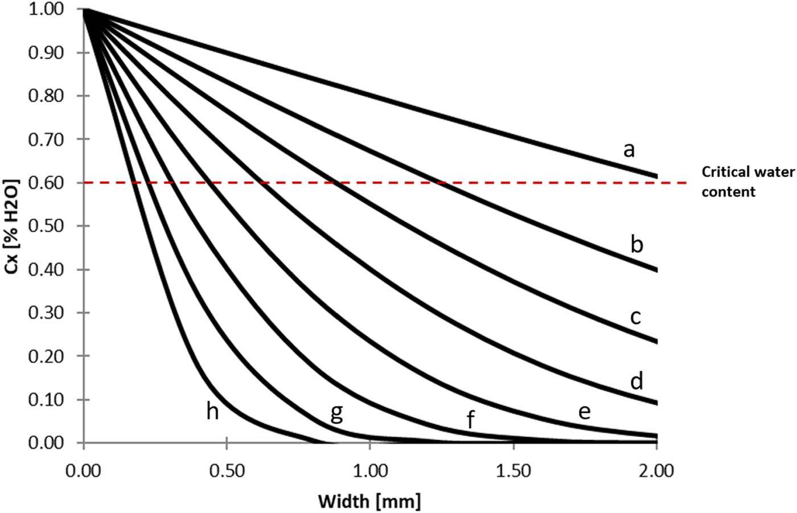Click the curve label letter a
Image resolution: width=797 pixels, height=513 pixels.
(628, 150)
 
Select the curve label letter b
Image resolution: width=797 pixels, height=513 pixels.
(636, 244)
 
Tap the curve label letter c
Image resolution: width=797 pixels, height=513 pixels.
(636, 317)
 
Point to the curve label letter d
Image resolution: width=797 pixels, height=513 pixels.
(636, 380)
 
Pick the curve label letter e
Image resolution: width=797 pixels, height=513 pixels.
(584, 412)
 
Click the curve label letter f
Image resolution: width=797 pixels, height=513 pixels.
(470, 421)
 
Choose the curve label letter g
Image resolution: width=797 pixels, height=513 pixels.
(336, 413)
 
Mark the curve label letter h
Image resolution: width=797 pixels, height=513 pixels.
(212, 410)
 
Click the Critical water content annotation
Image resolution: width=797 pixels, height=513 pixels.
(747, 182)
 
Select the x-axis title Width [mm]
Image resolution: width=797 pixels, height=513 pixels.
(369, 502)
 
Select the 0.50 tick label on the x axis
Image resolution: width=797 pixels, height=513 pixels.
(227, 471)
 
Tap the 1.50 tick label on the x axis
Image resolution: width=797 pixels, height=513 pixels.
(513, 471)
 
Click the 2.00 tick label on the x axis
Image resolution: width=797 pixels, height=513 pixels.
(656, 471)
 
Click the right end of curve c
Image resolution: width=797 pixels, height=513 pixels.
(656, 342)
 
